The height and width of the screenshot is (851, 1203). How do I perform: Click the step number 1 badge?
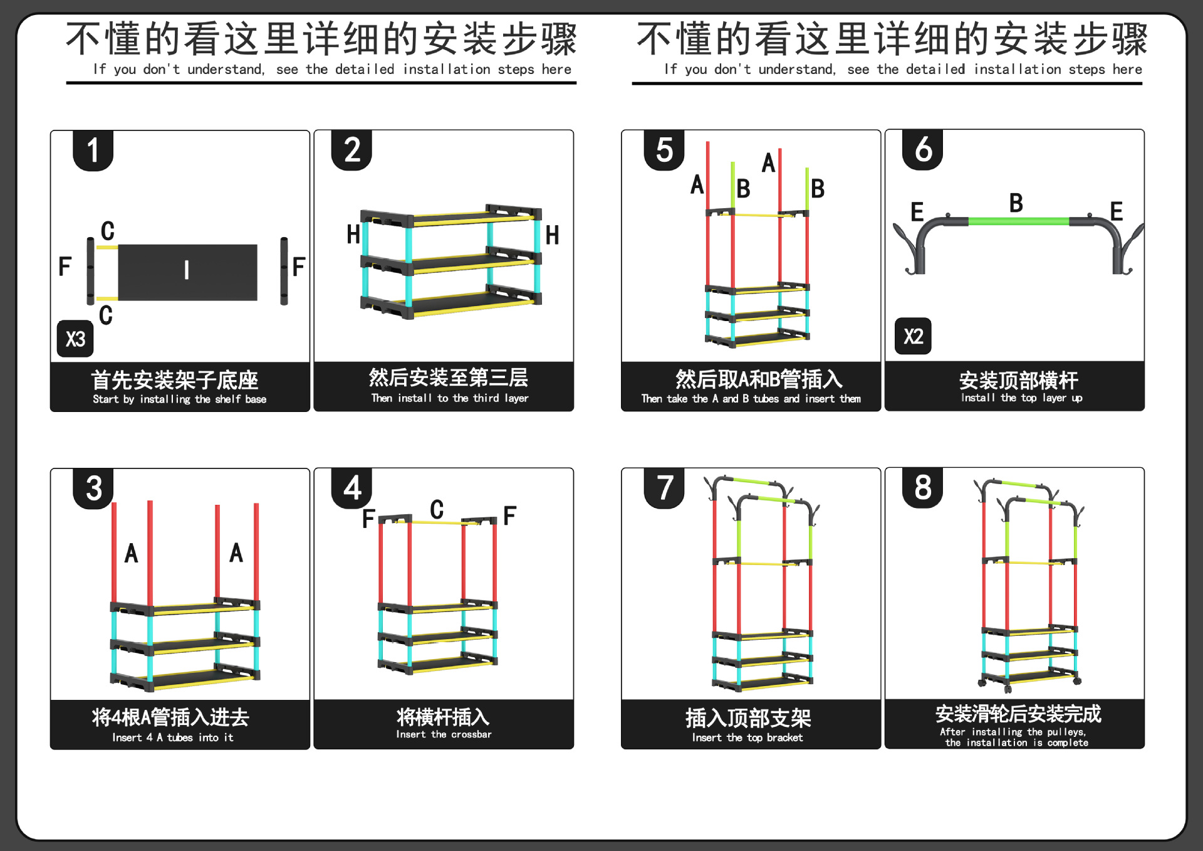[x=93, y=151]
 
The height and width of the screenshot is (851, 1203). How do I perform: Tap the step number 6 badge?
[x=922, y=150]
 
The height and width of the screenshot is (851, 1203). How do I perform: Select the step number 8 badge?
[x=922, y=487]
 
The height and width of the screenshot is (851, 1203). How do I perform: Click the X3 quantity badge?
[x=75, y=339]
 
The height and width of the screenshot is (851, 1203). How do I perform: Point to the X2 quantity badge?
[x=913, y=336]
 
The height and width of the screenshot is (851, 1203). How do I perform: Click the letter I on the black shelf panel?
[x=187, y=270]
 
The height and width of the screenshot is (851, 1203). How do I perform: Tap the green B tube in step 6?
[x=1018, y=221]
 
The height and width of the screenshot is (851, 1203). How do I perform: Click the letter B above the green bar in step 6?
[x=1016, y=203]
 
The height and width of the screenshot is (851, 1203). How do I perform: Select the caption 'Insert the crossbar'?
[x=444, y=734]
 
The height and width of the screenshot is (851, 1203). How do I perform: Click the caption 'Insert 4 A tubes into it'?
[x=173, y=737]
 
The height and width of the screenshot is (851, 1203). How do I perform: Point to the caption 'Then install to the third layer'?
[x=449, y=398]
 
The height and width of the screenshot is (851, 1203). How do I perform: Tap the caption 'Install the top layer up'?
[x=1021, y=398]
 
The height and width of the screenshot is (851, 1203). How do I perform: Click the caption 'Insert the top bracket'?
[x=747, y=737]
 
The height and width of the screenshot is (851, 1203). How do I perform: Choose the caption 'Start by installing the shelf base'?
[x=179, y=399]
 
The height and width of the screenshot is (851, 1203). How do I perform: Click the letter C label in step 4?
[x=437, y=509]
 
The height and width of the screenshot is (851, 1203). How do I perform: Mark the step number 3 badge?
[x=93, y=489]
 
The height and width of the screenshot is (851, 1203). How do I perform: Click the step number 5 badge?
[x=664, y=151]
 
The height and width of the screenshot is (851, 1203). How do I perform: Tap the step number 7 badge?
[x=664, y=488]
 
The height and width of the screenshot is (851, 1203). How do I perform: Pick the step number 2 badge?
[x=352, y=151]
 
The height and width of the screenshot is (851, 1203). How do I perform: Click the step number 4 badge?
[x=352, y=488]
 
